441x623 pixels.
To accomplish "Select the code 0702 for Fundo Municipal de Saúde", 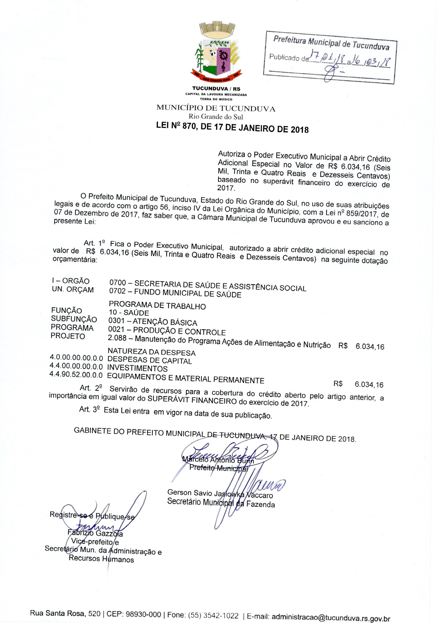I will [117, 291].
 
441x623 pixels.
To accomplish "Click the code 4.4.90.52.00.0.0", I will [76, 375].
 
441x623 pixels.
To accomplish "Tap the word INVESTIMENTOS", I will [137, 368].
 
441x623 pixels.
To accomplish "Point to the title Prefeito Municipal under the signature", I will [218, 468].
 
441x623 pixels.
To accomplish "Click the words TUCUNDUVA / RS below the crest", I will [216, 89].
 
